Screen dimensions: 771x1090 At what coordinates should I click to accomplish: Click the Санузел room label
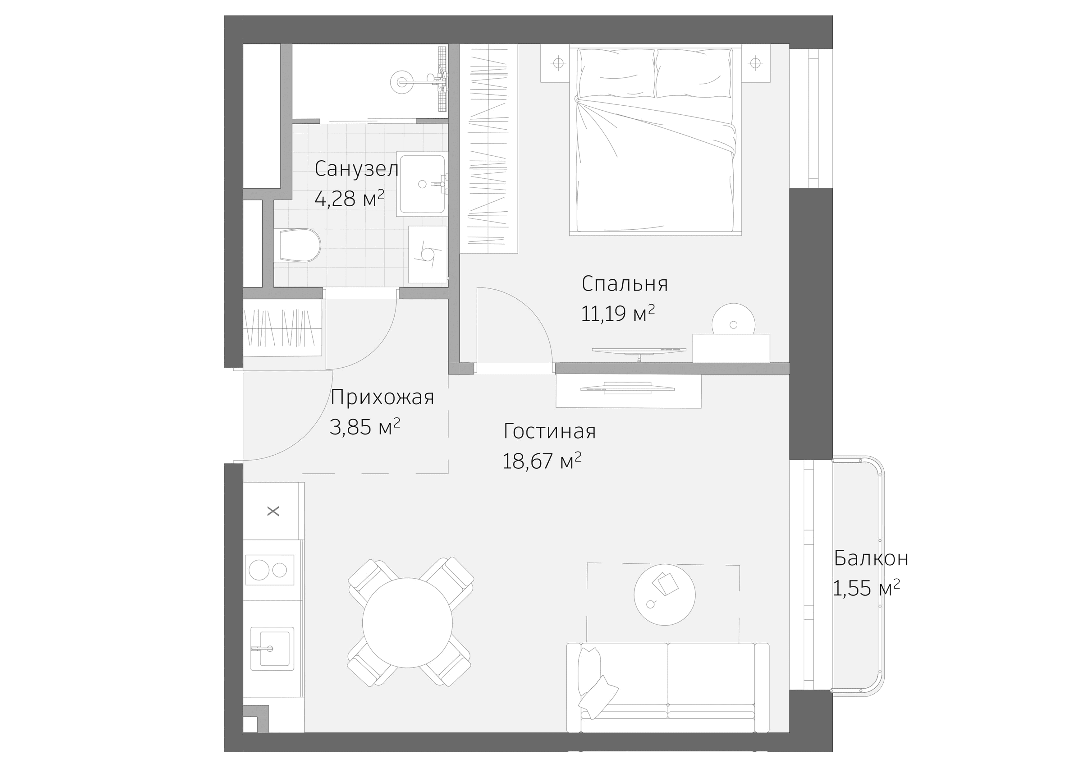click(x=356, y=169)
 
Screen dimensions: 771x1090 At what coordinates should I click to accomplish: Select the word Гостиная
click(x=549, y=431)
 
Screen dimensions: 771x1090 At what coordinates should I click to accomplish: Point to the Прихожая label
click(x=382, y=397)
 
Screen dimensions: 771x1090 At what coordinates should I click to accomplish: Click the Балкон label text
click(x=871, y=558)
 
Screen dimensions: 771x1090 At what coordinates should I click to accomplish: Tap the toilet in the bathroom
click(x=299, y=246)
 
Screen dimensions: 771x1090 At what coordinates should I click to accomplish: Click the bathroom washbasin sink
click(x=422, y=184)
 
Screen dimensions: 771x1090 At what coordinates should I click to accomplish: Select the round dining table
click(x=407, y=623)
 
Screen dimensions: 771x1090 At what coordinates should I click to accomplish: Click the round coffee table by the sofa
click(x=665, y=594)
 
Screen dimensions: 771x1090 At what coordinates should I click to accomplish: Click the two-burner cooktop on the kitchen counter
click(x=269, y=570)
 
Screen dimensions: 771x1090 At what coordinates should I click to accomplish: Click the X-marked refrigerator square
click(x=273, y=511)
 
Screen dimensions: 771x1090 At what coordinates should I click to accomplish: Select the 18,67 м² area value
click(x=542, y=461)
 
